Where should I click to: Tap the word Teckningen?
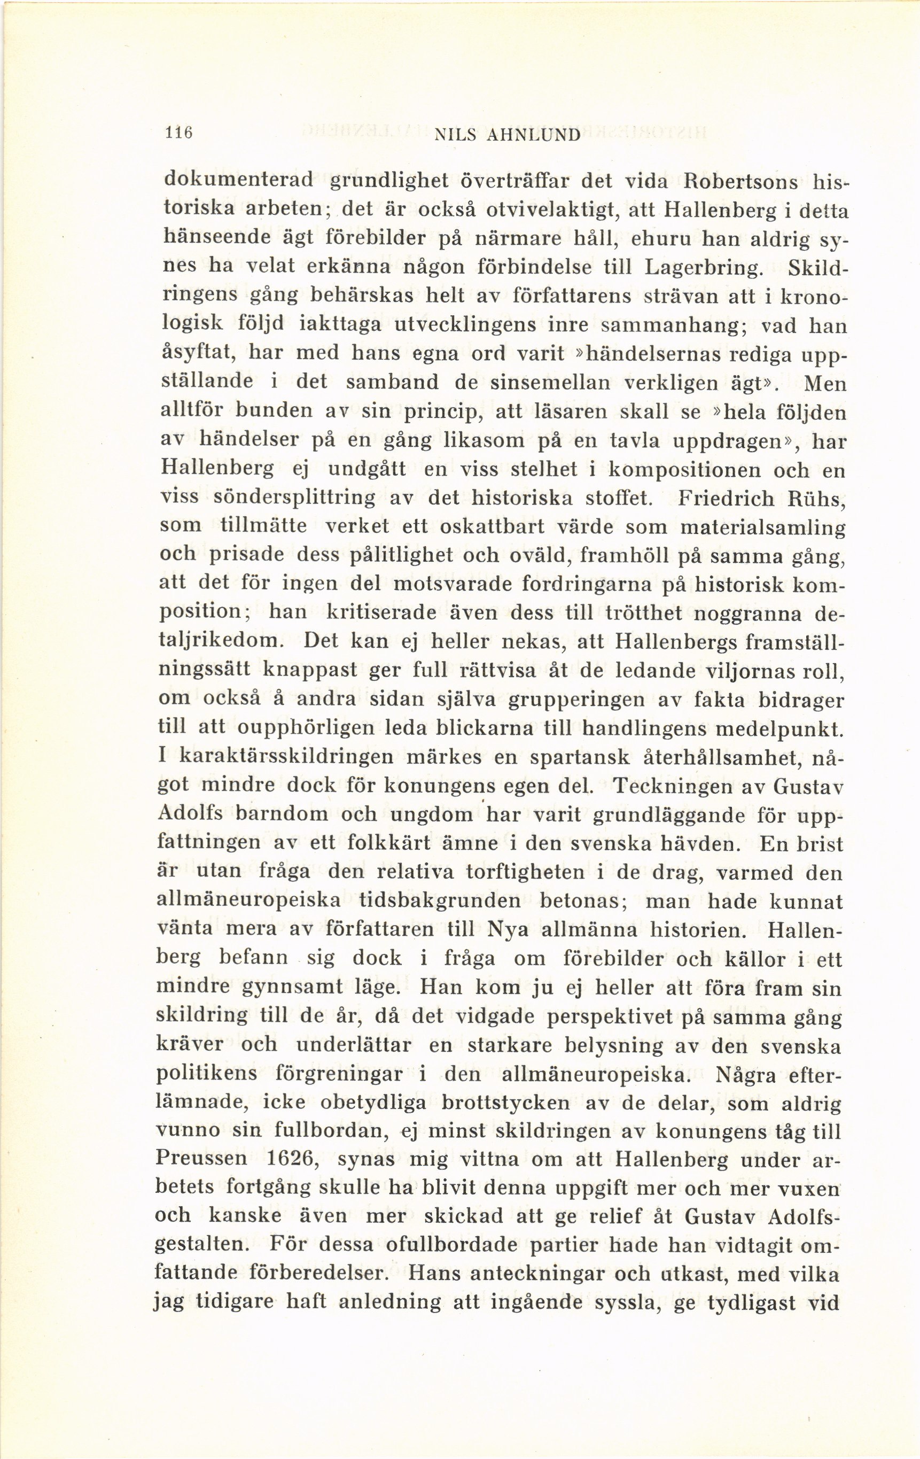coord(674,787)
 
